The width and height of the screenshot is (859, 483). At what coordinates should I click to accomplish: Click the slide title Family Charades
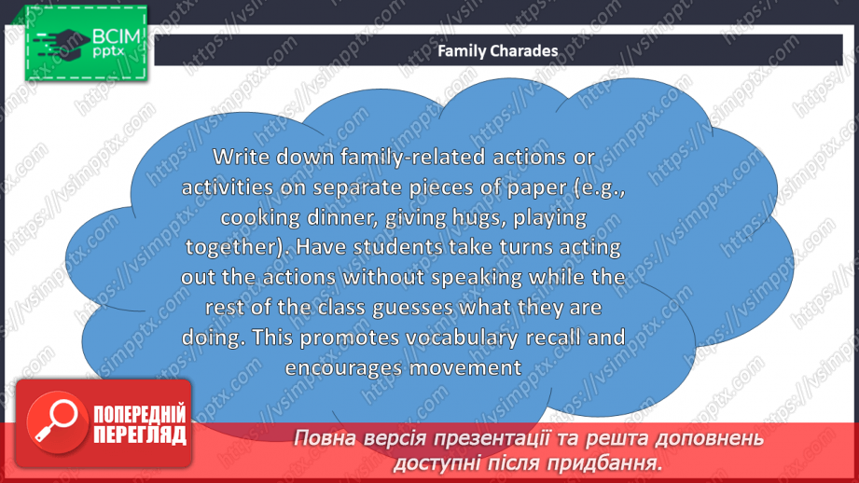pos(497,51)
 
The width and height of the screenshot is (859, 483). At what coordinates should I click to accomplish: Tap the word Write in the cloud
pos(241,158)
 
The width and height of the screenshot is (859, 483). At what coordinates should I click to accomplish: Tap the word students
pos(397,247)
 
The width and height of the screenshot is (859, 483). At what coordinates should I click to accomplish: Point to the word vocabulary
pos(462,338)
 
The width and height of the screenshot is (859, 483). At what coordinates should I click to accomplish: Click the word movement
pos(465,368)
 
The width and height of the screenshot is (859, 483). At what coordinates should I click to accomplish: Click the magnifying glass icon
pos(56,421)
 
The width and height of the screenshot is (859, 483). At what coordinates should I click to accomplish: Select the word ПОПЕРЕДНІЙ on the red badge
pos(140,414)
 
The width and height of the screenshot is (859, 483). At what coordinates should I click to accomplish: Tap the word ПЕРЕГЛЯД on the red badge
pos(140,435)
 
